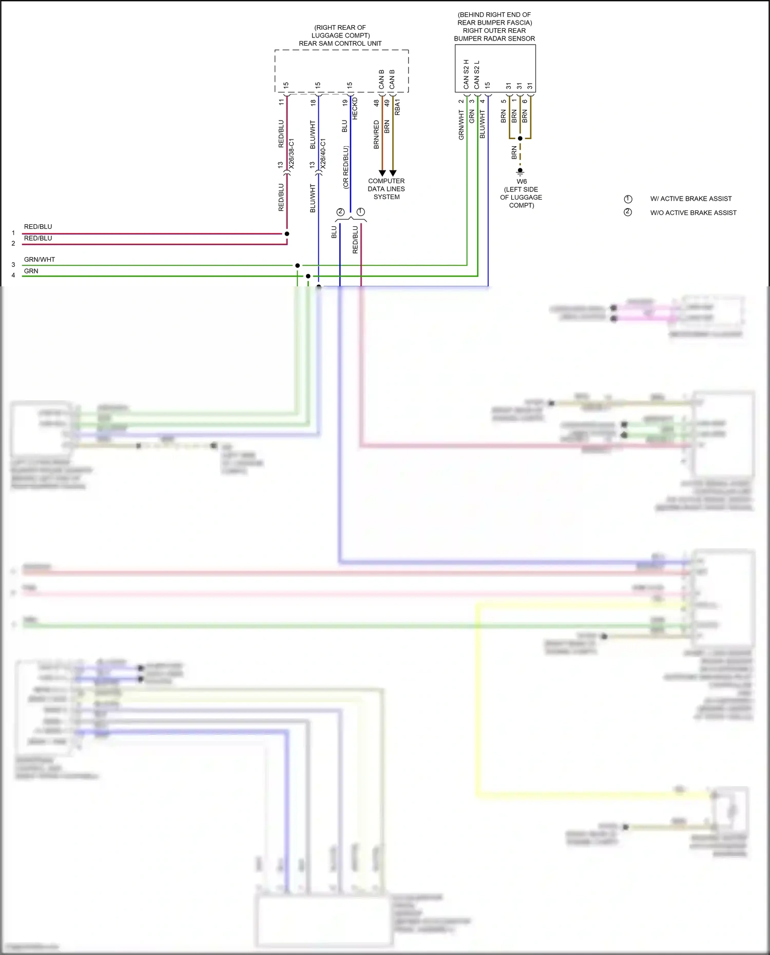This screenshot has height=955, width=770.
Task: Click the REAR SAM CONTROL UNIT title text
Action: click(340, 44)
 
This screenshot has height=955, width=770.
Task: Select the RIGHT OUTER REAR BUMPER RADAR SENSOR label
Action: click(494, 34)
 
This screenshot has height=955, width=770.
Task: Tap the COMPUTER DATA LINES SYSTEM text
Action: click(386, 189)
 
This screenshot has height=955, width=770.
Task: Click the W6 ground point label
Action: click(522, 182)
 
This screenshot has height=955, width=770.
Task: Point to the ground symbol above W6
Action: click(520, 171)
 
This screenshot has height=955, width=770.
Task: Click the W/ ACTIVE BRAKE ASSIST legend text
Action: click(690, 199)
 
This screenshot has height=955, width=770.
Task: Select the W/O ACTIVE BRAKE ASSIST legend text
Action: click(693, 212)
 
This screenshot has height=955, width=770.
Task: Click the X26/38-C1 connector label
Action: click(292, 153)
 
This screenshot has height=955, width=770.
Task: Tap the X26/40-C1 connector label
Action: click(323, 153)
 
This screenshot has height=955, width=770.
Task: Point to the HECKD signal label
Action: click(355, 109)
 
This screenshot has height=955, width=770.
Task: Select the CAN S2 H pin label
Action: click(466, 74)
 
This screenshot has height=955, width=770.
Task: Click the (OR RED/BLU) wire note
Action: click(345, 167)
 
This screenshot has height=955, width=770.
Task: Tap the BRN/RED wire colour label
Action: click(376, 134)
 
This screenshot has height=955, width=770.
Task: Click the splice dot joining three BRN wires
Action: click(520, 139)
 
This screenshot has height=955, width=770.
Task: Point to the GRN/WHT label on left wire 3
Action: click(39, 260)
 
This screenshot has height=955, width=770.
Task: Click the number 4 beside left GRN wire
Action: click(13, 276)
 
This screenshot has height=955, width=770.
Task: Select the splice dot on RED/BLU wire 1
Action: click(287, 233)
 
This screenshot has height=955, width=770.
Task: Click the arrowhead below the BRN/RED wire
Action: click(382, 173)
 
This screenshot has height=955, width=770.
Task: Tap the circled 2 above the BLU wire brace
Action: click(340, 212)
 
